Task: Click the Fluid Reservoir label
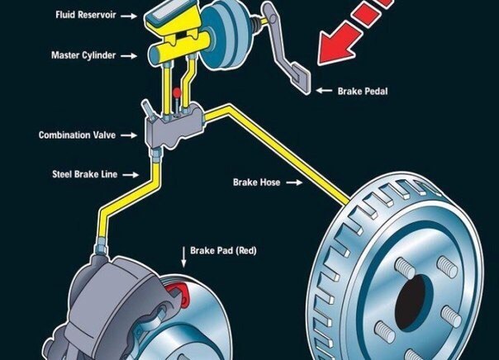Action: point(86,15)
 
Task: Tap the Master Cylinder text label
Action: point(83,55)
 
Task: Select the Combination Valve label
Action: point(77,135)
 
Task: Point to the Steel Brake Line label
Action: point(84,174)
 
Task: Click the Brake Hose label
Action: point(256,182)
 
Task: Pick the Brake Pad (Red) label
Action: point(223,251)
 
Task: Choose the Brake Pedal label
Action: point(363,92)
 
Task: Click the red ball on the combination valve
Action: point(177,92)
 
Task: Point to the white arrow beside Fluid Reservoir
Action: point(129,16)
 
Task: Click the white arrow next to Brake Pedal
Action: point(324,91)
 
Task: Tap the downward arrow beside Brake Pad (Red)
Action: point(183,257)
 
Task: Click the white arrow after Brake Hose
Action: point(294,182)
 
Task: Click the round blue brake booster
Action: point(226,35)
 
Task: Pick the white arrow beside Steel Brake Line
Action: point(131,174)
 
